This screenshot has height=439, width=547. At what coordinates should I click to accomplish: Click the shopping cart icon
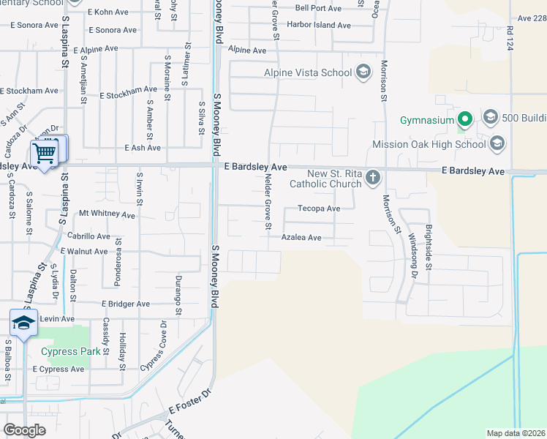click(44, 154)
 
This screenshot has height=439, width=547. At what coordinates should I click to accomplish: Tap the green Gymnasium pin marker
click(464, 119)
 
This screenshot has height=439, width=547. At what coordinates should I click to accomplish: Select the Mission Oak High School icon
click(498, 144)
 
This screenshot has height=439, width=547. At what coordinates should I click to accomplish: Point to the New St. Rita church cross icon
click(373, 177)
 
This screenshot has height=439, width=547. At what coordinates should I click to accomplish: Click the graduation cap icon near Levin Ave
click(23, 323)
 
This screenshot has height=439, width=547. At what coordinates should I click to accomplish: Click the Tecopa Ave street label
click(319, 209)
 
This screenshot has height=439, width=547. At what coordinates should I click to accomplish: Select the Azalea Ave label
click(302, 238)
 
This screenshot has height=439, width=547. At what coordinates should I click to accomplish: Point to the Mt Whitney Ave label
click(107, 215)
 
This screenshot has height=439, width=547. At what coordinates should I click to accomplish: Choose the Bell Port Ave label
click(319, 8)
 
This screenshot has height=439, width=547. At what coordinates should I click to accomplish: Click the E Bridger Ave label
click(125, 304)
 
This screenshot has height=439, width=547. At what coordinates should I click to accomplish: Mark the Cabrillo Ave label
click(88, 236)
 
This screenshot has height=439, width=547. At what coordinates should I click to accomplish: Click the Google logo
click(25, 430)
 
